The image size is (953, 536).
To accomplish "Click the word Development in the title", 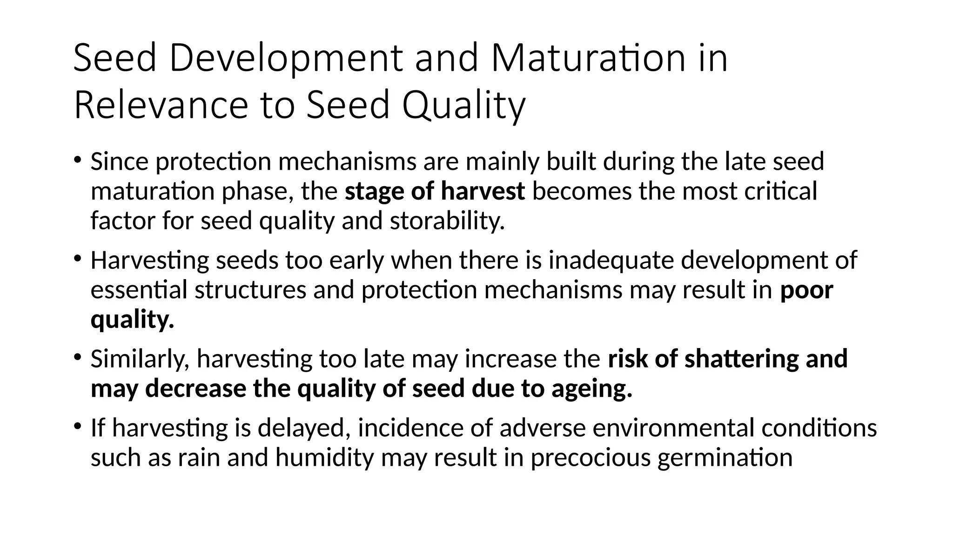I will (x=286, y=59).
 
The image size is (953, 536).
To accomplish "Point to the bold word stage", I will (x=374, y=191).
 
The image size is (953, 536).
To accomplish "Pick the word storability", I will (x=447, y=221).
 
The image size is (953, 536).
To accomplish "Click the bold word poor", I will (x=806, y=290).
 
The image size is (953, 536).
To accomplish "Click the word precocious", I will (x=590, y=457).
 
